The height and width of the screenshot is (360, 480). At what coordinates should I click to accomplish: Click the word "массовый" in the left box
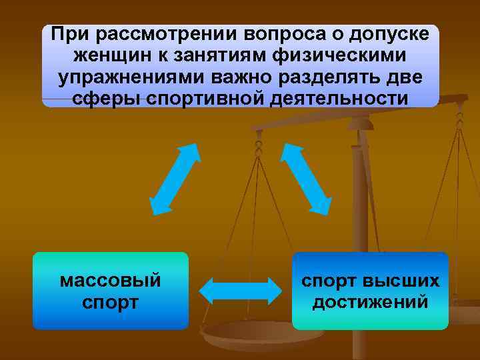tap(111, 280)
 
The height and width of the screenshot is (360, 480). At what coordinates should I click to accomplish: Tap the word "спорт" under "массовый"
tap(111, 302)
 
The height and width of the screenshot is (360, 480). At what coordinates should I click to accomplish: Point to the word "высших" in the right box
tap(407, 280)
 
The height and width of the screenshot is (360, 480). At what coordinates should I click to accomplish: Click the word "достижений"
tap(371, 302)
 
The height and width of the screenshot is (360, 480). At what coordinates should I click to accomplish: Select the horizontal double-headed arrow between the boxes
tap(241, 291)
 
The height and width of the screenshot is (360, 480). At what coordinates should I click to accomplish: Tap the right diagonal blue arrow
tap(306, 177)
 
